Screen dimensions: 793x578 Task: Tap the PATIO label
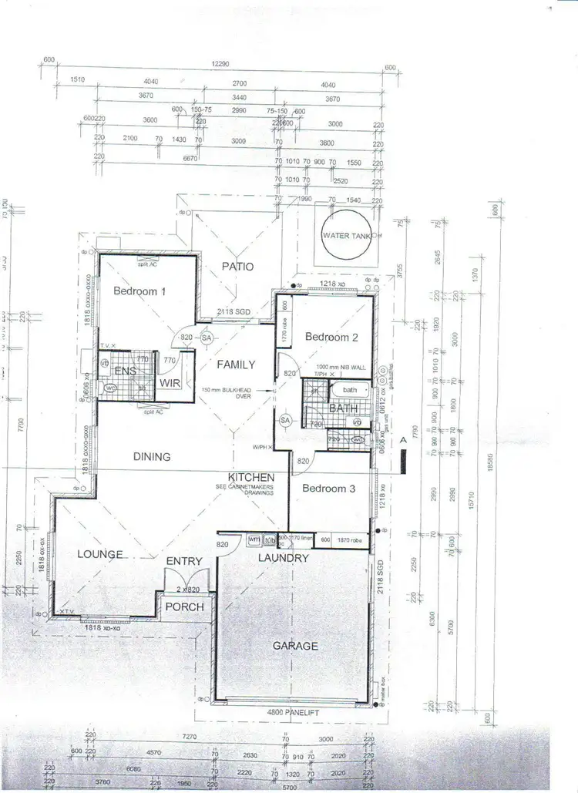pyautogui.click(x=239, y=266)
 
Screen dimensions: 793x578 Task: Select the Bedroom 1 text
pyautogui.click(x=139, y=291)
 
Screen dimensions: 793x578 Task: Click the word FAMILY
pyautogui.click(x=236, y=364)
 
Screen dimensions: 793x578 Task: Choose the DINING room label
pyautogui.click(x=151, y=456)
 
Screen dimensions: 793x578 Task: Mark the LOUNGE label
pyautogui.click(x=100, y=554)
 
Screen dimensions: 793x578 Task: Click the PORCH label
pyautogui.click(x=185, y=607)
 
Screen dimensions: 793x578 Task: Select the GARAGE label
pyautogui.click(x=295, y=646)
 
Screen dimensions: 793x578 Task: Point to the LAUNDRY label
pyautogui.click(x=284, y=558)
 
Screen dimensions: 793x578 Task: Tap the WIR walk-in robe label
pyautogui.click(x=170, y=382)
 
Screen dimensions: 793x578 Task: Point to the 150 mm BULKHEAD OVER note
pyautogui.click(x=227, y=393)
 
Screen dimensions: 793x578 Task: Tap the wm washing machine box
pyautogui.click(x=253, y=539)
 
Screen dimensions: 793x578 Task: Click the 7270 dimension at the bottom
pyautogui.click(x=190, y=737)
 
